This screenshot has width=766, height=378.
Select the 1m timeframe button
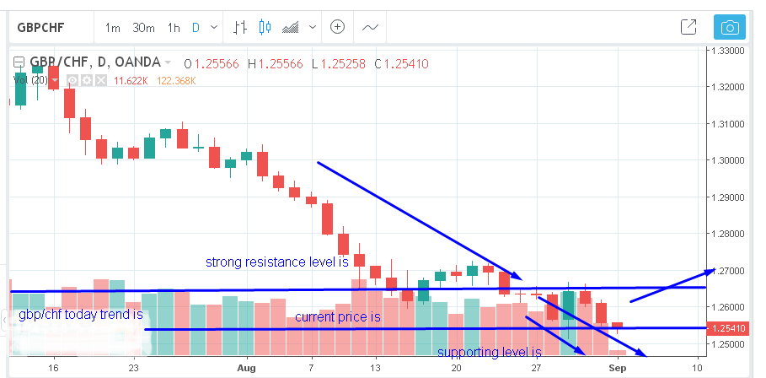click(x=112, y=27)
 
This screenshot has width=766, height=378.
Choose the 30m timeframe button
click(x=142, y=27)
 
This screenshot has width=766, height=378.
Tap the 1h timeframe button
click(x=174, y=27)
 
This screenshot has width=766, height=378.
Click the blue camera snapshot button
click(x=730, y=27)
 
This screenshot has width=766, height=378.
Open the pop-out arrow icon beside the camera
click(x=688, y=27)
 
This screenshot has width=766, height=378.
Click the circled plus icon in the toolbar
click(x=338, y=27)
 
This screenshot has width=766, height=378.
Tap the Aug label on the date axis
click(x=246, y=369)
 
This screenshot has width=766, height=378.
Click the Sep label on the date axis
click(x=619, y=369)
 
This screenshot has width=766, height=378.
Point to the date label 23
click(x=132, y=369)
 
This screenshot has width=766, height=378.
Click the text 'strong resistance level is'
click(x=277, y=262)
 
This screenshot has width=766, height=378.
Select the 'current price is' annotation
click(x=337, y=317)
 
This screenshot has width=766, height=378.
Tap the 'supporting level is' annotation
click(x=489, y=353)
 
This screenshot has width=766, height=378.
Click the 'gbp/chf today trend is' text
click(x=78, y=315)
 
